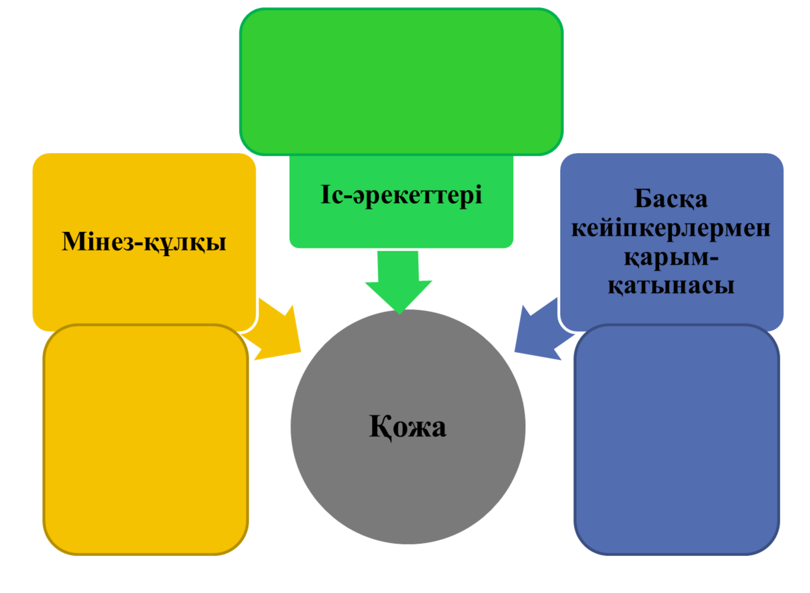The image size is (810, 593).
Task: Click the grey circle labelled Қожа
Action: (408, 427)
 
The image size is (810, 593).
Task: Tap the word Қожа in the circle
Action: (407, 428)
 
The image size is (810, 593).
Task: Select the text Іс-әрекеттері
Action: (401, 196)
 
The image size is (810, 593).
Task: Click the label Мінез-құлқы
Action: (144, 242)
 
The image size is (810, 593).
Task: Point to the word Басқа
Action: (671, 199)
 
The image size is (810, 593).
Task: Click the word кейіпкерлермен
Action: (671, 229)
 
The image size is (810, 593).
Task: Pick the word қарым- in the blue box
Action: (671, 258)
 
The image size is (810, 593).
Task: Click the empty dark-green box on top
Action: (401, 82)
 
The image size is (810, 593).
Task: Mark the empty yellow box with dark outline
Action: (146, 440)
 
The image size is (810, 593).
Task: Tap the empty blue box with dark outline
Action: (676, 440)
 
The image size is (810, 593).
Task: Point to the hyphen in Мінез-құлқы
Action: (139, 244)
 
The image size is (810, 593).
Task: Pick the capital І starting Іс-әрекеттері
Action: (325, 194)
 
